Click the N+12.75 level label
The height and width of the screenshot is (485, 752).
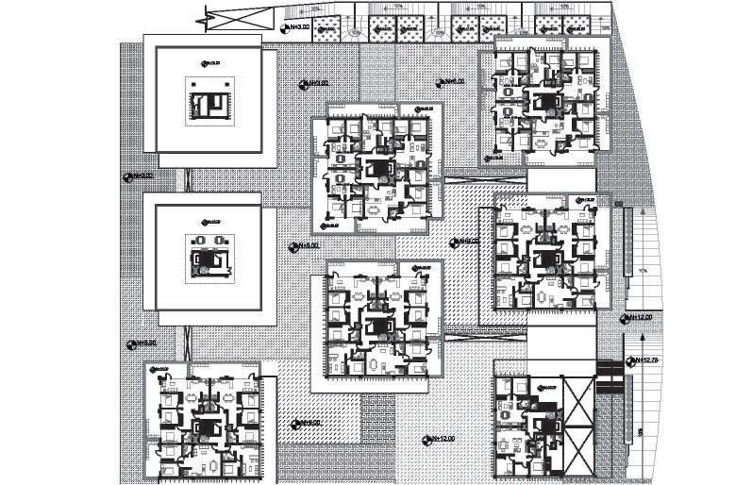tap(645, 360)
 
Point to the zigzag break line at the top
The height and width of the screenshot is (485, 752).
tap(203, 16)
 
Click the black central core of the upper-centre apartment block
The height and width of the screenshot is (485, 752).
tap(377, 169)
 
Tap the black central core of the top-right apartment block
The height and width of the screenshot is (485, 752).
tap(542, 100)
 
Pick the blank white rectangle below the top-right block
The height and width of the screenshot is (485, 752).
tap(560, 179)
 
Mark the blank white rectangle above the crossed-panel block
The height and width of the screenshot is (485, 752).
tap(560, 343)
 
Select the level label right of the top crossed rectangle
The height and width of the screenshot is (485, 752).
tap(296, 27)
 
